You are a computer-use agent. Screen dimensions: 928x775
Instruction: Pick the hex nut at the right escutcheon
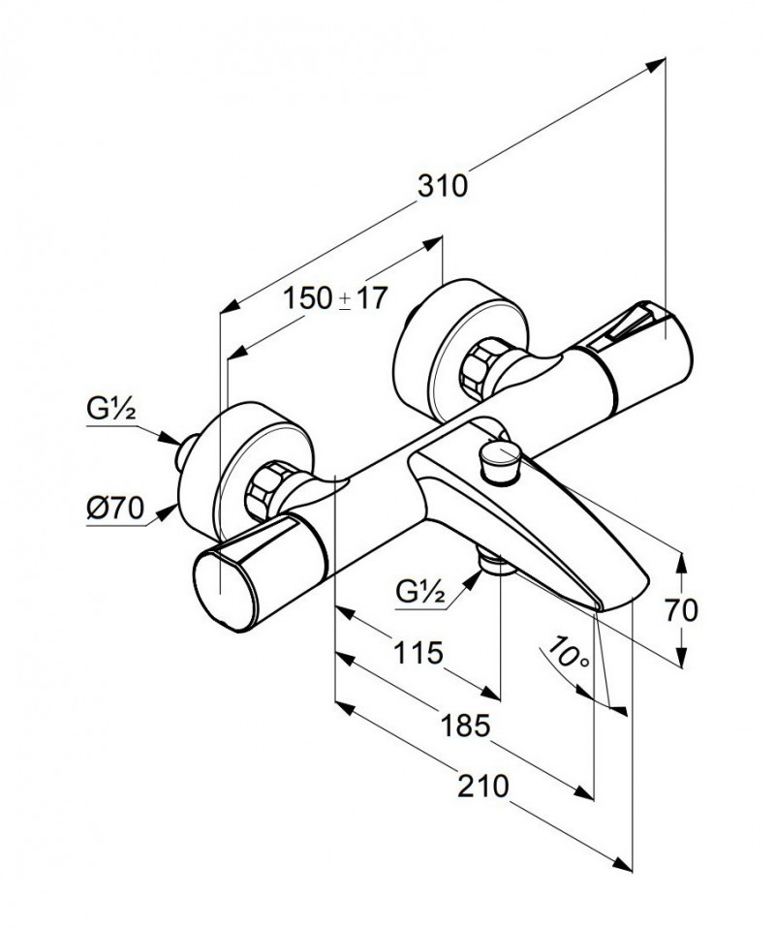[x=481, y=367]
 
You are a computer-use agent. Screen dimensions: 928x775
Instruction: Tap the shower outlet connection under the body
[x=491, y=566]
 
